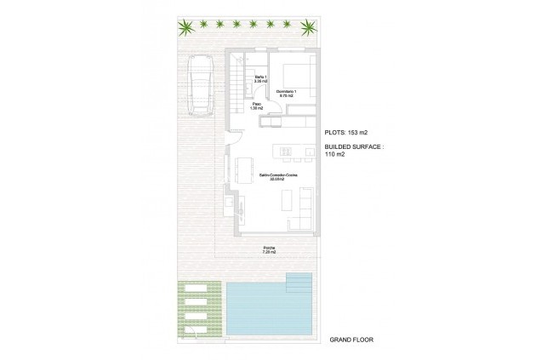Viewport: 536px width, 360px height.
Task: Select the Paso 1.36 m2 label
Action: pos(257,106)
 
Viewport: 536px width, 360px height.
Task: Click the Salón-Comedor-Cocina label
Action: pos(276,177)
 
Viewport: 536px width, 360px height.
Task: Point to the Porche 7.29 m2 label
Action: pos(269,250)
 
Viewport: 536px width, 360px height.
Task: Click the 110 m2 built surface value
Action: pos(335,156)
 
